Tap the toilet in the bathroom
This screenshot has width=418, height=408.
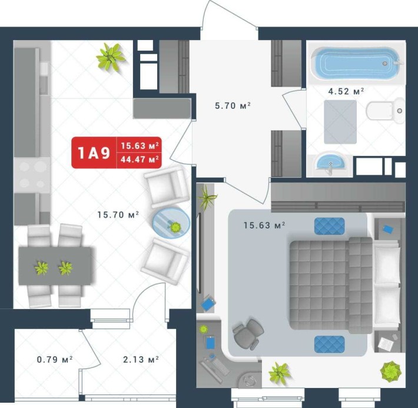(x=383, y=110)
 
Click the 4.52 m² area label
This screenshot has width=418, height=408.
(x=346, y=91)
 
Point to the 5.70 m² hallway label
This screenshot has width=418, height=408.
(x=233, y=106)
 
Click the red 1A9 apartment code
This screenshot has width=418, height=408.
(x=94, y=153)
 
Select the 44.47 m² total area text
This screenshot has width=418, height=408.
(x=140, y=159)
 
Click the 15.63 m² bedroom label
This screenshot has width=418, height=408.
(x=264, y=224)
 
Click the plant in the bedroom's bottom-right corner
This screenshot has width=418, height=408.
(x=390, y=370)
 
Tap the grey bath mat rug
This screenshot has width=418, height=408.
(x=340, y=122)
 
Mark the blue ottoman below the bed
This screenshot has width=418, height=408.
(x=329, y=344)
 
